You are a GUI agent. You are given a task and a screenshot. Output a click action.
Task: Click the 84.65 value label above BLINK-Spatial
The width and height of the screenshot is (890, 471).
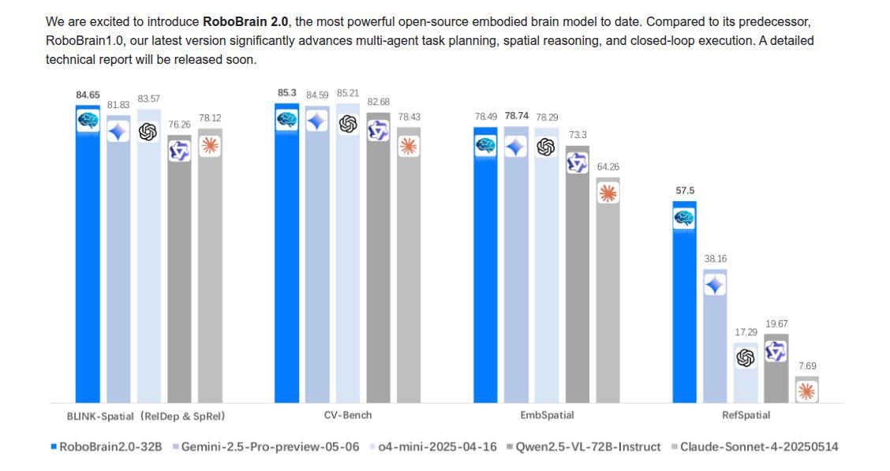88,95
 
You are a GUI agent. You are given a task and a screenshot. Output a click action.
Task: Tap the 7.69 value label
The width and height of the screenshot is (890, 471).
806,366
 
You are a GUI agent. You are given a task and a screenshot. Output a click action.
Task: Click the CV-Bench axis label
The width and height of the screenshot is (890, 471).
347,415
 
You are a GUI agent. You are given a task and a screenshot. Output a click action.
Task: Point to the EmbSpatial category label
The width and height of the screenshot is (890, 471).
546,415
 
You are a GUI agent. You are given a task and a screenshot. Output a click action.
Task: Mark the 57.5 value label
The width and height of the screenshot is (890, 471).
683,191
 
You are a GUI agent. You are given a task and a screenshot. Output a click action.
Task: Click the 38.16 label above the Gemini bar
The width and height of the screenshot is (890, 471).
714,258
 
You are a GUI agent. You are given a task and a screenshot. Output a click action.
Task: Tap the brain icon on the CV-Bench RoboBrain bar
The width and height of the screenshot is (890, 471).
286,120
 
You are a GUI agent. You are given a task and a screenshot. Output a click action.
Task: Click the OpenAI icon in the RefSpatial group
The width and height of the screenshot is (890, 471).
745,358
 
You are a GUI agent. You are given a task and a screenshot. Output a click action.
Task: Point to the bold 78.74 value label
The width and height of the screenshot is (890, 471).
516,116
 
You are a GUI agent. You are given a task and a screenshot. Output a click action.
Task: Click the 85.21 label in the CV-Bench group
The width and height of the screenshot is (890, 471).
348,93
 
